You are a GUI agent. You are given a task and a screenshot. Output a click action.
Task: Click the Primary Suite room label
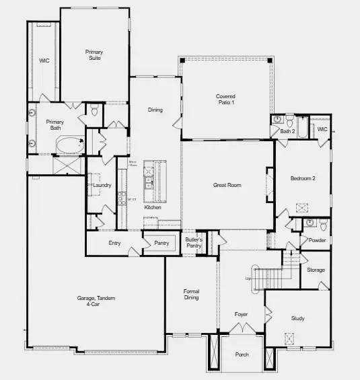click(x=94, y=54)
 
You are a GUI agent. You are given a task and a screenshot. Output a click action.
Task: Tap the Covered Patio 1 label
click(x=225, y=99)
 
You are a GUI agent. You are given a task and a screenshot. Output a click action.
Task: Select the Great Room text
click(x=227, y=185)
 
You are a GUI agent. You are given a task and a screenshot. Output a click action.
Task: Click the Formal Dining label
click(x=192, y=295)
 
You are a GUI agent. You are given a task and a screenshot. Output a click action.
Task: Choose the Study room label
click(x=298, y=318)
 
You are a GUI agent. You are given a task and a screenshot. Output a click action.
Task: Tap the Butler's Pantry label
click(x=194, y=243)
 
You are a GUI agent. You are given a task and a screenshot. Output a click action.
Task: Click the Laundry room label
click(x=102, y=185)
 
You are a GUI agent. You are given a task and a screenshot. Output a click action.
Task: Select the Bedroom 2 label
click(x=303, y=180)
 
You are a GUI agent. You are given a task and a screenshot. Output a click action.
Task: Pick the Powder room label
click(x=317, y=240)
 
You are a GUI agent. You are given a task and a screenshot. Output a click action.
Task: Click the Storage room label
click(x=316, y=270)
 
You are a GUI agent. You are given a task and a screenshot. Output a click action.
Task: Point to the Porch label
click(x=242, y=355)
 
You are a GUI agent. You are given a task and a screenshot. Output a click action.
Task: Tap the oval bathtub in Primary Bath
click(x=69, y=144)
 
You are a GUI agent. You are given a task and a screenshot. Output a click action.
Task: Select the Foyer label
click(x=241, y=314)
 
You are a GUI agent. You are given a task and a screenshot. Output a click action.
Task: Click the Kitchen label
click(x=153, y=207)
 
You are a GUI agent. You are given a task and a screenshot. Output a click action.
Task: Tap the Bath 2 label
click(x=288, y=131)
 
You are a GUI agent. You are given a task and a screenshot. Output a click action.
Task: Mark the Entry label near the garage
click(x=114, y=243)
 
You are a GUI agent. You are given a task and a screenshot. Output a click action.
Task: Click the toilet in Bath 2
click(x=288, y=122)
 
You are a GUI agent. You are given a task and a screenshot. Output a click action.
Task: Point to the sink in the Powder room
click(x=310, y=223)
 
